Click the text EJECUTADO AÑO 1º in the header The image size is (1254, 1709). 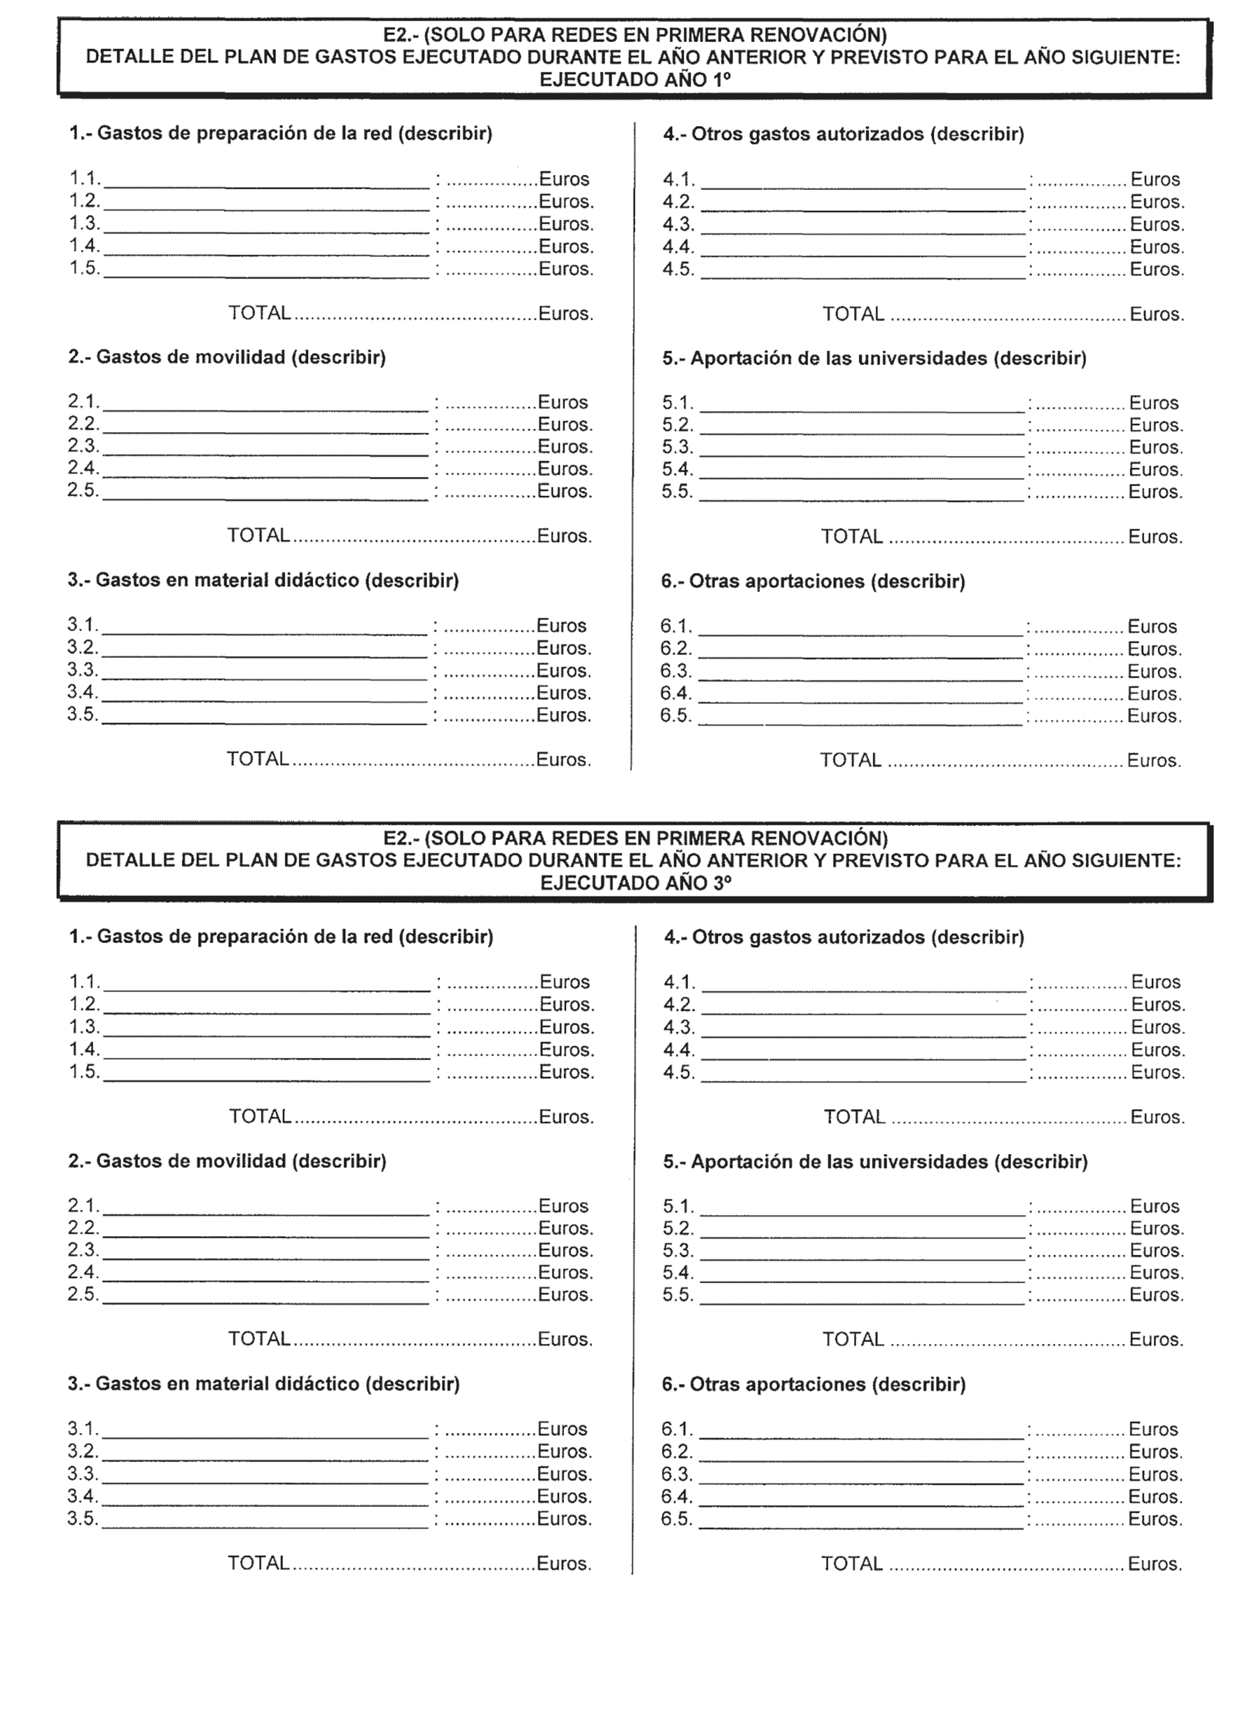634,80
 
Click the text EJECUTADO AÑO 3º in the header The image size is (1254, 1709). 635,883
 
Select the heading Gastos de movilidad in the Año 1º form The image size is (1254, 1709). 227,357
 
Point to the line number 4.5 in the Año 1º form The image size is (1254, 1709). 678,270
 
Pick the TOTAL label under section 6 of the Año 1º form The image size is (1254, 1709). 850,761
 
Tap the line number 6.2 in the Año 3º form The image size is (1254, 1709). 677,1452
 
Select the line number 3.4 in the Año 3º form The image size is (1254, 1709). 83,1496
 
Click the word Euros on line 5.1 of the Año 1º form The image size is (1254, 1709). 1153,403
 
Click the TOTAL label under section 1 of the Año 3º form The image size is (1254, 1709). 260,1117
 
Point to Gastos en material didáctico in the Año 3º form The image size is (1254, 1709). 263,1384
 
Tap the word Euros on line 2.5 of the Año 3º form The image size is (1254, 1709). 565,1294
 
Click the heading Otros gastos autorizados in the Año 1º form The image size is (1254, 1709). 843,134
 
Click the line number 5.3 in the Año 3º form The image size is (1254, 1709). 678,1251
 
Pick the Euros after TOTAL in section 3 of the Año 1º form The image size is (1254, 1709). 562,760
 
